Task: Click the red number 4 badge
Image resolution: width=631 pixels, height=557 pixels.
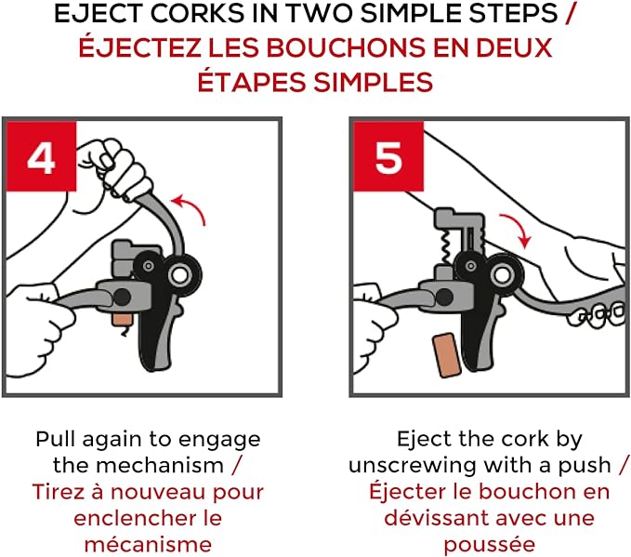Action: [x=42, y=156]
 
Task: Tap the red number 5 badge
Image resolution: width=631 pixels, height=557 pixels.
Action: [x=388, y=156]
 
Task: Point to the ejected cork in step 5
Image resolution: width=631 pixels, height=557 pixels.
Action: [x=447, y=355]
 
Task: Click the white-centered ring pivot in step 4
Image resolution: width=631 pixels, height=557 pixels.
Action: [x=180, y=276]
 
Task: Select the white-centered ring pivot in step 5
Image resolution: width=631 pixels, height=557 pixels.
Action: [x=502, y=276]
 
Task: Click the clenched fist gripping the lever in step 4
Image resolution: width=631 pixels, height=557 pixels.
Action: [x=112, y=168]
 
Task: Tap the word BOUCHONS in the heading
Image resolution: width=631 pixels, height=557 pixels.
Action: [x=346, y=47]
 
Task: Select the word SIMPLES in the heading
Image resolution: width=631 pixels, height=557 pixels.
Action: [x=373, y=83]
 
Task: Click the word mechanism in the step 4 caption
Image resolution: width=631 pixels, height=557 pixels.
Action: [x=160, y=466]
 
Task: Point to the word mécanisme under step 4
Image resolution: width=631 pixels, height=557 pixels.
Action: [x=148, y=545]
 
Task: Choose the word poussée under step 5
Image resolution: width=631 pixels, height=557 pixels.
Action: [x=490, y=546]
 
